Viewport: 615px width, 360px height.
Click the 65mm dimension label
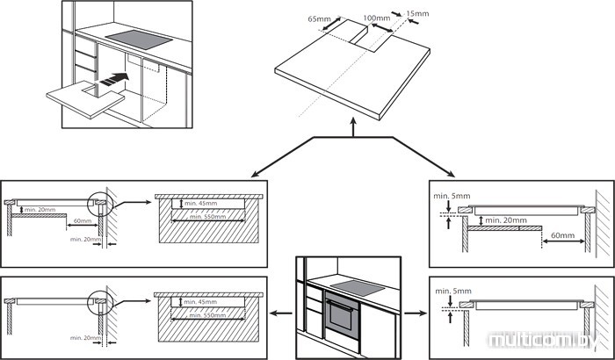click(x=320, y=17)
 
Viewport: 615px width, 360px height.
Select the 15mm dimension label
click(x=419, y=13)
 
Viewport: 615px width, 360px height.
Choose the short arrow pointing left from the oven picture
click(x=280, y=312)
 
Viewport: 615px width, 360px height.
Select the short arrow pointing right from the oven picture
click(x=413, y=312)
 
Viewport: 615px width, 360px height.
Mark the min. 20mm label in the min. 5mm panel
click(x=508, y=219)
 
